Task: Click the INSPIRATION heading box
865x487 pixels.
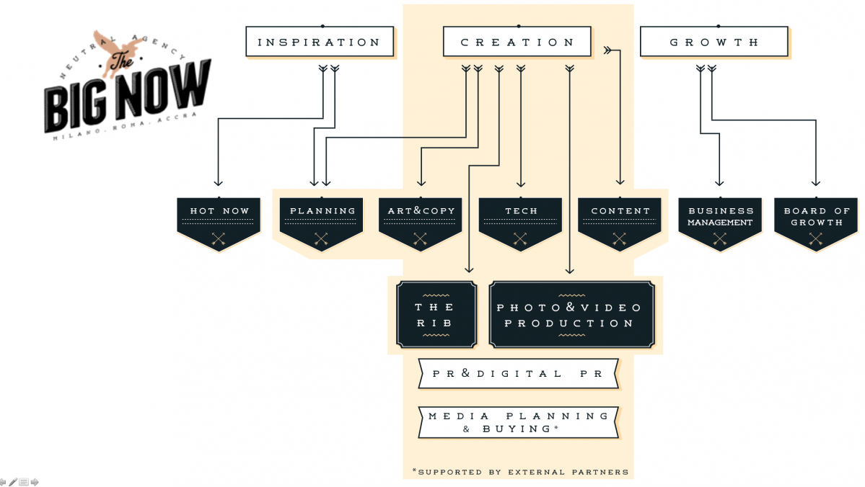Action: point(319,42)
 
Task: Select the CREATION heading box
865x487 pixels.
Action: point(517,42)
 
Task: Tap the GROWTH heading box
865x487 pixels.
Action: point(713,42)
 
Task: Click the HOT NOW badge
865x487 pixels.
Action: point(219,220)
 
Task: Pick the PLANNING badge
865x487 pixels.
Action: point(321,220)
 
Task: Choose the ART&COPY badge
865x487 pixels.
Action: point(421,220)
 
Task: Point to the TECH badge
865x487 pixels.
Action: point(520,220)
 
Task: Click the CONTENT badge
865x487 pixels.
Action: point(620,220)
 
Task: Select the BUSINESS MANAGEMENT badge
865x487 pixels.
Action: point(720,220)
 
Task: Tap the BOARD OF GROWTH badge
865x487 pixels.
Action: point(817,220)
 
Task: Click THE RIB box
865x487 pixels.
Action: point(436,315)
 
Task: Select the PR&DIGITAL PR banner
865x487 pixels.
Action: point(518,374)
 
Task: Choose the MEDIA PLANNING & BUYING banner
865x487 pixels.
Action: point(518,422)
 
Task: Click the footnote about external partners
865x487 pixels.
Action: point(520,472)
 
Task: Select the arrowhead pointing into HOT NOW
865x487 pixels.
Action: point(219,183)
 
